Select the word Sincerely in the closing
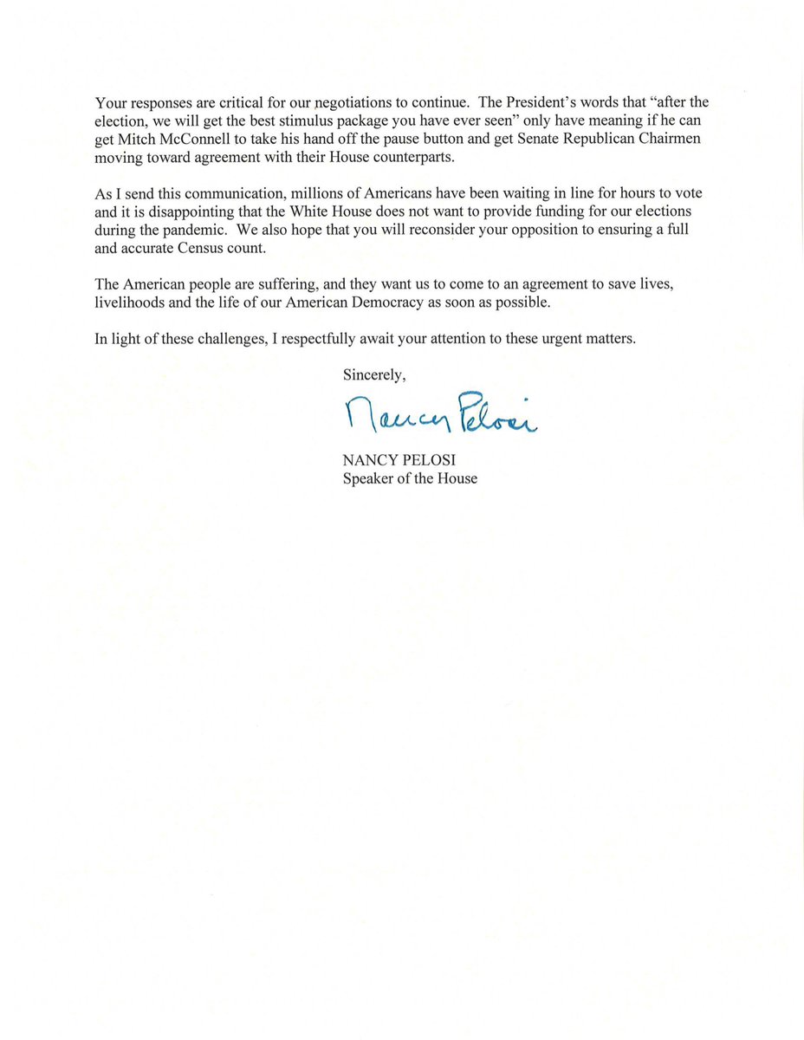tap(373, 374)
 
